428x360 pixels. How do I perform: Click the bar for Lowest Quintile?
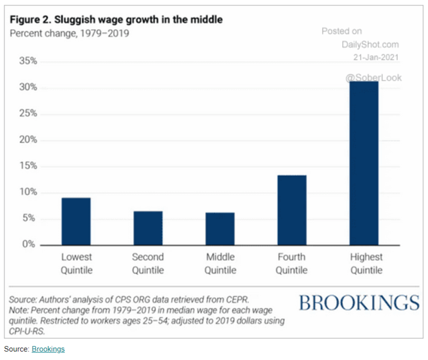[76, 221]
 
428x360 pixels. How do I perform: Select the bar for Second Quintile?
[148, 228]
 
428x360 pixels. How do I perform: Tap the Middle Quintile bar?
[220, 229]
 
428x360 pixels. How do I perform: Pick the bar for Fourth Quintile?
[291, 210]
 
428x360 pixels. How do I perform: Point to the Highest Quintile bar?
[364, 163]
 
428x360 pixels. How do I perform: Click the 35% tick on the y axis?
[28, 61]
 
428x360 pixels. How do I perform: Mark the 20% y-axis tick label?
[28, 140]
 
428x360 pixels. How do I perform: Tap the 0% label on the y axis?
[30, 245]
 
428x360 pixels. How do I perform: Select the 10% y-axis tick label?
[28, 192]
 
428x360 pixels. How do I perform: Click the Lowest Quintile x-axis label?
[76, 264]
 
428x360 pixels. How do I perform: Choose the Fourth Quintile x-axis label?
[291, 264]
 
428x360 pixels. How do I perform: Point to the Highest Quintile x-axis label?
[366, 264]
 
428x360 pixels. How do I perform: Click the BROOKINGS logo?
[359, 303]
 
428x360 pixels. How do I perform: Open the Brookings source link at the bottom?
[48, 349]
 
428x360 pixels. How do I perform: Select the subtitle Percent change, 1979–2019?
[70, 33]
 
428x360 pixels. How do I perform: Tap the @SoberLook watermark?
[373, 77]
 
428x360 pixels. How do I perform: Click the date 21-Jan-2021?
[376, 58]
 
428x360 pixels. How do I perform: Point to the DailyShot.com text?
[370, 44]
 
